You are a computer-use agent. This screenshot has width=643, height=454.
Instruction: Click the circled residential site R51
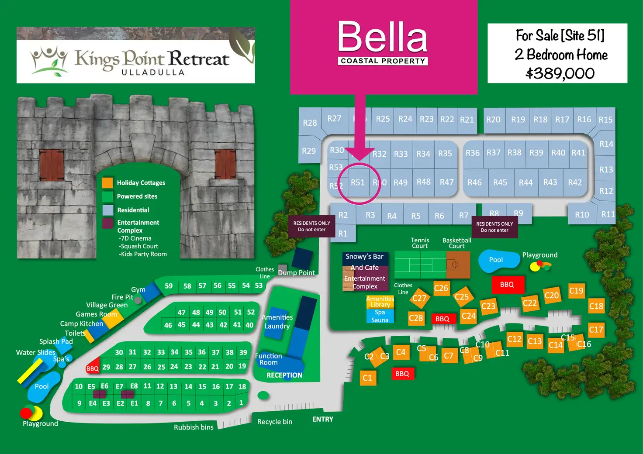[358, 182]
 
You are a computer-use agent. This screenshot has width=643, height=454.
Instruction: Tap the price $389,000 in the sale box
[560, 73]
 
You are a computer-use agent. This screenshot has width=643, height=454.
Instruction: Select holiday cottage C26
[441, 288]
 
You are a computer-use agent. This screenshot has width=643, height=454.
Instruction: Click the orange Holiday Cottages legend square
[107, 182]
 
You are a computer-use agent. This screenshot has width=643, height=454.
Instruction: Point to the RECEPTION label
[284, 375]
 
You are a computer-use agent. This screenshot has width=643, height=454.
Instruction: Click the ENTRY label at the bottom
[323, 419]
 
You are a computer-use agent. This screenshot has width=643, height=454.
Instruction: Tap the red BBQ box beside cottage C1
[402, 374]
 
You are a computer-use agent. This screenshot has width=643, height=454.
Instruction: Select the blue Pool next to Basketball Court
[496, 260]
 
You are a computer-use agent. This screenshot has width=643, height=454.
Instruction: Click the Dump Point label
[296, 273]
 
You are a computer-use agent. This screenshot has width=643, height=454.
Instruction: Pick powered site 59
[169, 286]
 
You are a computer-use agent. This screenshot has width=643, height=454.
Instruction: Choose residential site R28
[310, 123]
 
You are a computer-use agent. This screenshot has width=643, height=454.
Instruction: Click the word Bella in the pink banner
[383, 38]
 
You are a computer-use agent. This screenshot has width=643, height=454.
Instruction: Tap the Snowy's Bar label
[364, 257]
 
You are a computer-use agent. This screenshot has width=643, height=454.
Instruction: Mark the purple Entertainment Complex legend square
[107, 223]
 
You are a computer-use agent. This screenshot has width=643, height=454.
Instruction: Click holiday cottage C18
[596, 306]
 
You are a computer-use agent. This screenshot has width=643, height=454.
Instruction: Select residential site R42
[575, 182]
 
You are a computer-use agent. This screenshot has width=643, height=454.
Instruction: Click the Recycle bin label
[275, 422]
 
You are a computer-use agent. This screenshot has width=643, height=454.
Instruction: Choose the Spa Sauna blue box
[380, 316]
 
